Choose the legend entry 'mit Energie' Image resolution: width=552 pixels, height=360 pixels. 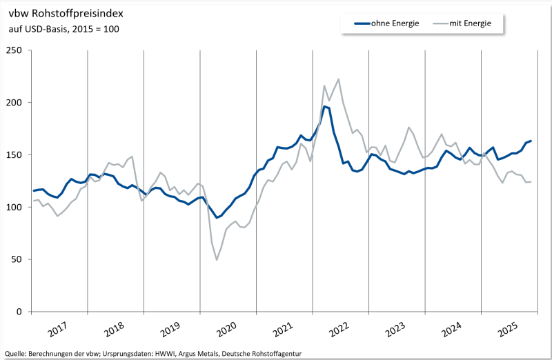tap(470, 23)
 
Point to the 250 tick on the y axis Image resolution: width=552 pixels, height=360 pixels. tap(14, 50)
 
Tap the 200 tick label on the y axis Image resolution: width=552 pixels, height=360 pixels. tap(14, 103)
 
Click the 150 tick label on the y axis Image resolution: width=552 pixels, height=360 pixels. tap(14, 155)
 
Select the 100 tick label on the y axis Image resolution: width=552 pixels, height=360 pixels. tap(14, 207)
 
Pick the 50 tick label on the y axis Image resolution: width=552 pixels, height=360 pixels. tap(17, 259)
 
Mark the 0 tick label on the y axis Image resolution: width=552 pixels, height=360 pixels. tap(20, 312)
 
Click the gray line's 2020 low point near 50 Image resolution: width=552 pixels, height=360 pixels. tap(217, 259)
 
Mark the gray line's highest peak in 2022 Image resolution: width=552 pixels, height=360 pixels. tap(338, 79)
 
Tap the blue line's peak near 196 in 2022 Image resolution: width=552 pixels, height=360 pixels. tap(324, 106)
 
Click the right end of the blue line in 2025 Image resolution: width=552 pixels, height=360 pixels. tap(531, 141)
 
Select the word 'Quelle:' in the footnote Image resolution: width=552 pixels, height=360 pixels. tap(16, 353)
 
